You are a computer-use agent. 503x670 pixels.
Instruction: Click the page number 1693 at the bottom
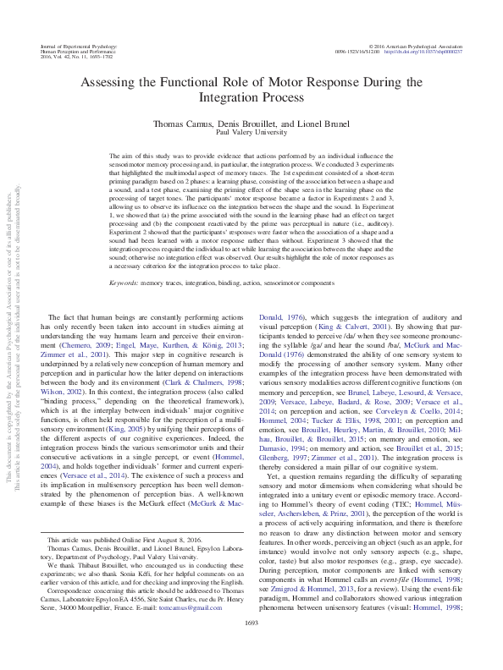tap(251, 646)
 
